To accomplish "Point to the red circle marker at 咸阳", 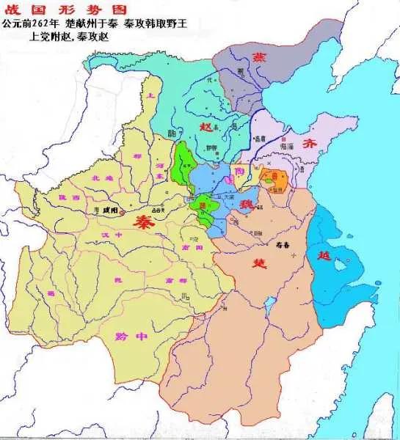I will (x=123, y=213).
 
